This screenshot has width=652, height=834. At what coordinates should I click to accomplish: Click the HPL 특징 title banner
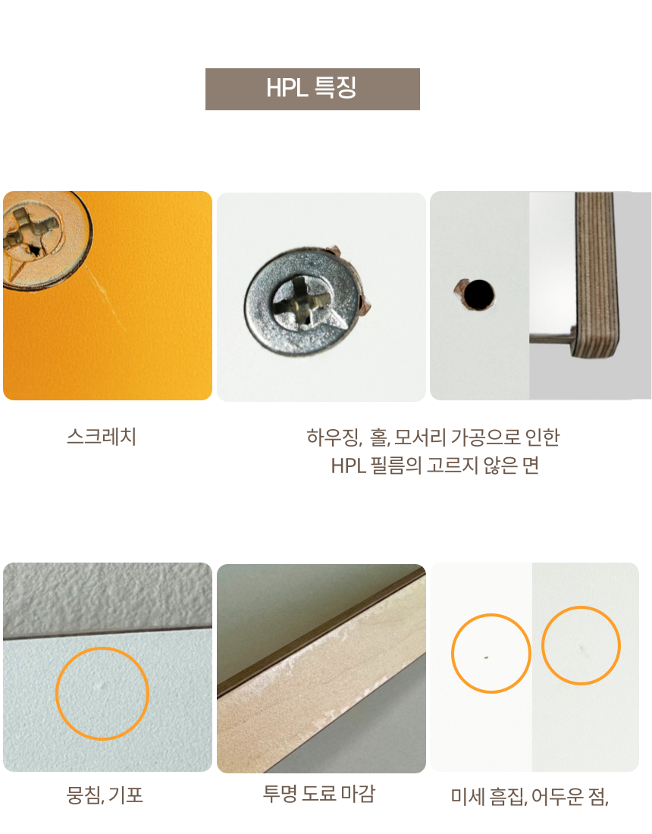click(312, 89)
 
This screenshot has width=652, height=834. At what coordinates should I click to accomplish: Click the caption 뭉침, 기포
click(105, 795)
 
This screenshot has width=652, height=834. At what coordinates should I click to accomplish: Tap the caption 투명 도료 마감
click(319, 793)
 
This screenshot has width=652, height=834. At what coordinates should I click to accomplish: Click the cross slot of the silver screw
click(302, 302)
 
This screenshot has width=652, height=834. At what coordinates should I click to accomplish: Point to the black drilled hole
click(478, 295)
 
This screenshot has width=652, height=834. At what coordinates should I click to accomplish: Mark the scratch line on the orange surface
click(106, 299)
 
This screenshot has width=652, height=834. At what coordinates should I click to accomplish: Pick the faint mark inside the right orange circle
click(581, 648)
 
